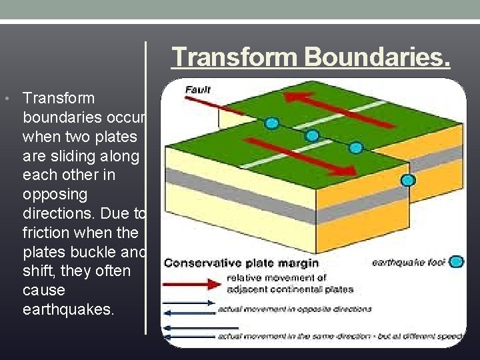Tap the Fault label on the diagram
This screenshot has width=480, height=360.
tap(198, 89)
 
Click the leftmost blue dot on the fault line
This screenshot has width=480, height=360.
tap(271, 123)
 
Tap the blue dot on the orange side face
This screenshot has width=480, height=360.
tap(408, 179)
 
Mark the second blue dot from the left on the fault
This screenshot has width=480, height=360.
tap(311, 135)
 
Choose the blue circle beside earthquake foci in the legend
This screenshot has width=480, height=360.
tap(456, 262)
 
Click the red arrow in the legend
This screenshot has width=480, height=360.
tap(193, 284)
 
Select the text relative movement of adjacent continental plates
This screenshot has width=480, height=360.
tap(289, 284)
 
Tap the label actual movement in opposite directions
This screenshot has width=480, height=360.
tap(294, 309)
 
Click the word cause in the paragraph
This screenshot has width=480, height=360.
tap(43, 291)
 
